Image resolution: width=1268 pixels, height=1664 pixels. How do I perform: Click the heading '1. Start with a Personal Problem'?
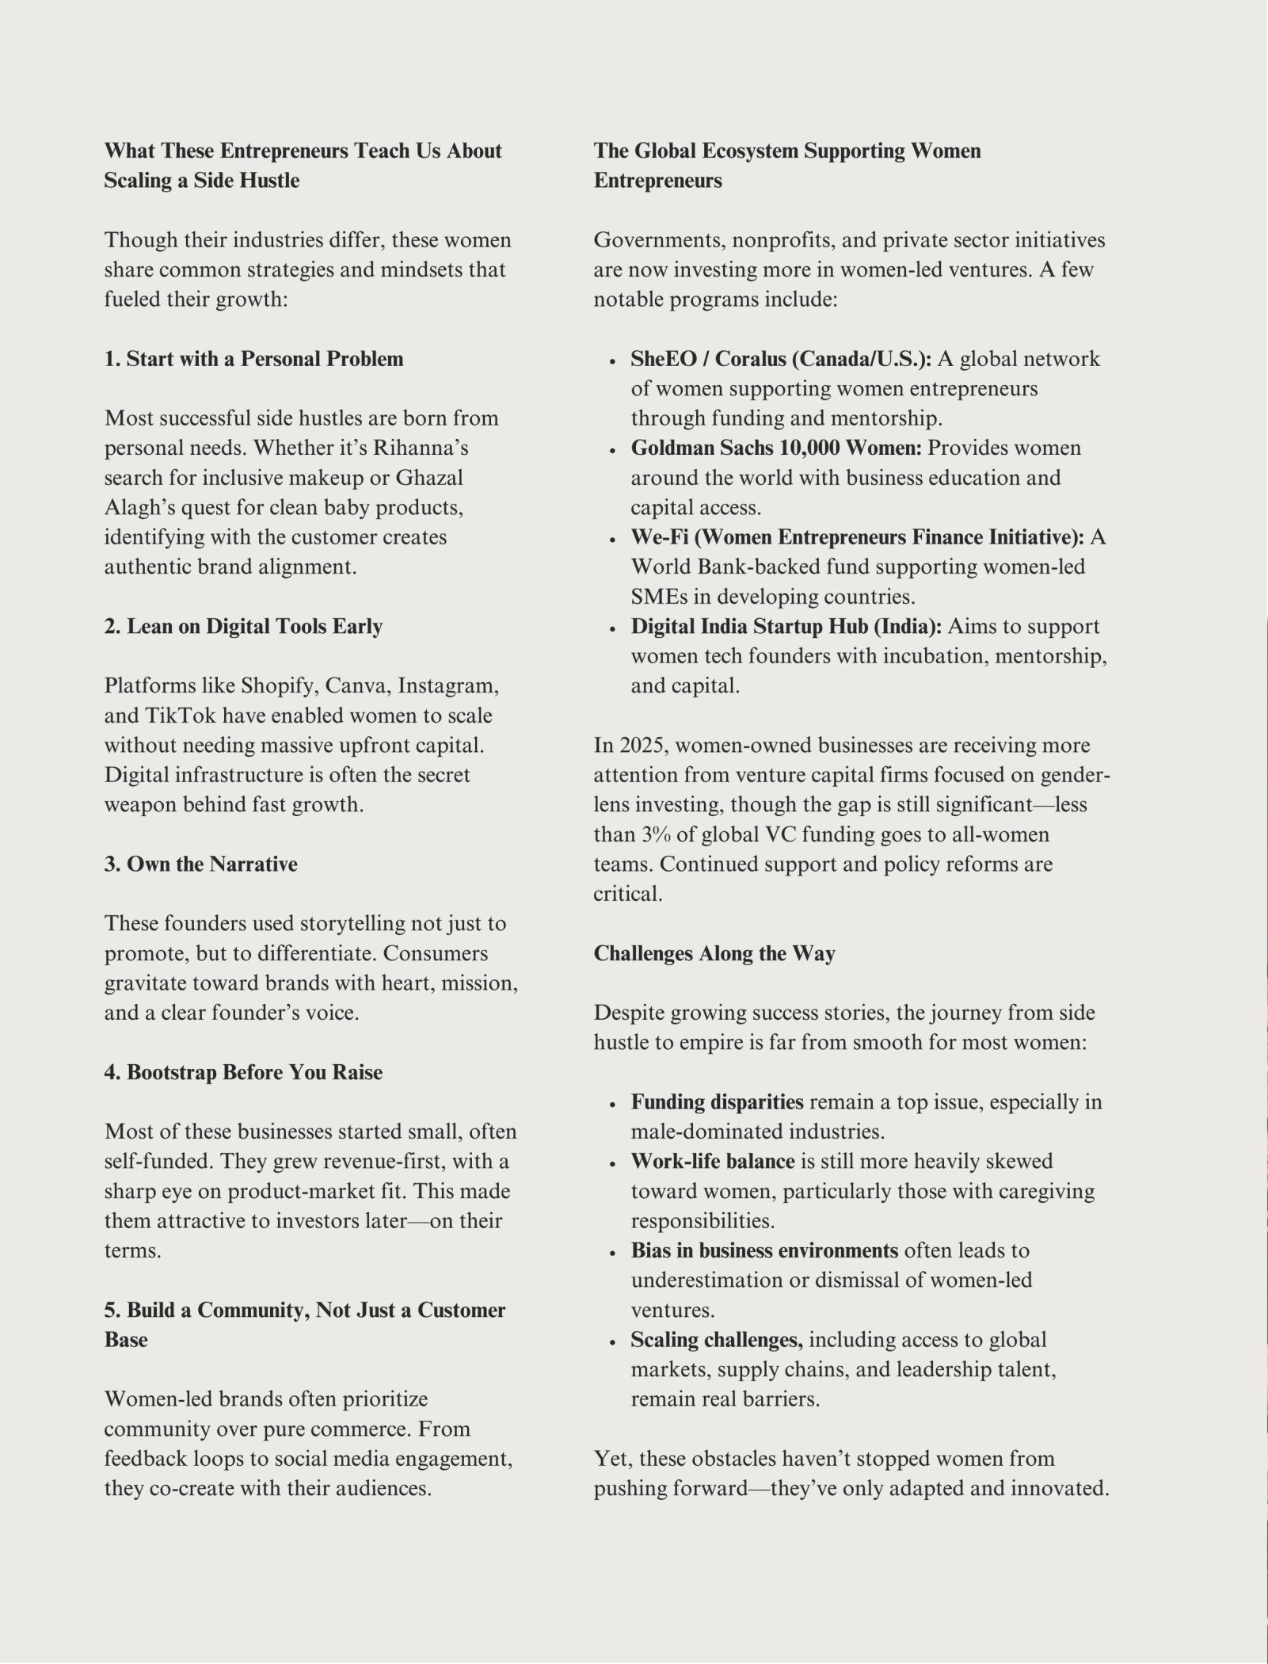point(253,359)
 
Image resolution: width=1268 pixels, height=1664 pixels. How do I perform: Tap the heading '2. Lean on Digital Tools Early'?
point(243,626)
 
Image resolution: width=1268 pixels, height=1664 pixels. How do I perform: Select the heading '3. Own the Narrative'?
point(200,864)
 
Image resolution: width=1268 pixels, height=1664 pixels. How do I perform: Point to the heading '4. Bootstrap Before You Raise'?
point(243,1072)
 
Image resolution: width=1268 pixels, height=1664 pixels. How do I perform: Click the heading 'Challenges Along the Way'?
point(714,953)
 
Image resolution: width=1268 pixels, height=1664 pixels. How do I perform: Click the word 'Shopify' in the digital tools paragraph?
point(276,685)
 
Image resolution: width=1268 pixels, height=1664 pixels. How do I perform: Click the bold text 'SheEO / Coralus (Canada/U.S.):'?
point(781,359)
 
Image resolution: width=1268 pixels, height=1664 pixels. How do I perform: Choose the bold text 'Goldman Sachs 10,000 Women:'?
point(776,448)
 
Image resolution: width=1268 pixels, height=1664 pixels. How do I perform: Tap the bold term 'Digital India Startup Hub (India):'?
point(786,626)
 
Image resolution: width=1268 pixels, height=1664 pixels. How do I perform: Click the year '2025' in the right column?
point(641,746)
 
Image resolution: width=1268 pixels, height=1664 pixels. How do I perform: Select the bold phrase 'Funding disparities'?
point(717,1102)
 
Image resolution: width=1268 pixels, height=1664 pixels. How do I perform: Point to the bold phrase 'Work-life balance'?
point(712,1162)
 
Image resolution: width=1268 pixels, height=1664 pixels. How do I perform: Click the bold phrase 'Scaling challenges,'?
point(716,1340)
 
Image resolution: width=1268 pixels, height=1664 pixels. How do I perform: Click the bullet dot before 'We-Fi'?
point(612,540)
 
